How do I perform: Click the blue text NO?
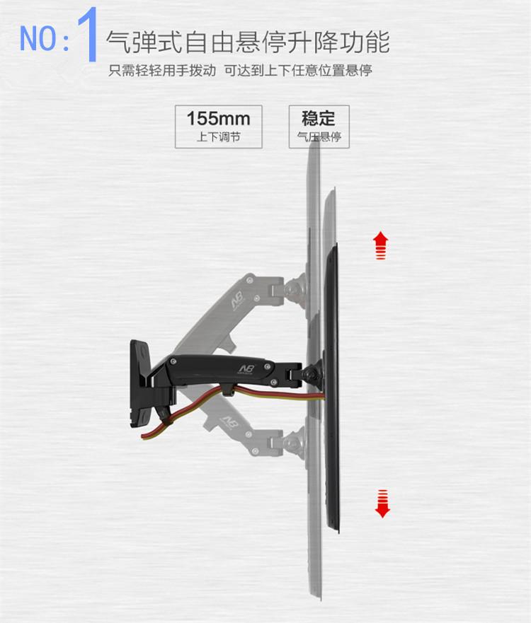click(x=45, y=38)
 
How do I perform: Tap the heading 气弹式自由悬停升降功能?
click(x=248, y=41)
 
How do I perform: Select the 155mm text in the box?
click(x=218, y=118)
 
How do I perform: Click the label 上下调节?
click(x=218, y=136)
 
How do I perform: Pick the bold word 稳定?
click(x=319, y=117)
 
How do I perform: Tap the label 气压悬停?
click(x=319, y=136)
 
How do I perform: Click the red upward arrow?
click(x=381, y=245)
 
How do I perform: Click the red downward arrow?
click(x=382, y=503)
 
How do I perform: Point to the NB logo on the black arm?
click(x=247, y=368)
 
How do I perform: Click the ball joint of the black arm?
click(x=309, y=373)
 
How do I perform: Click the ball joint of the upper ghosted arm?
click(x=293, y=289)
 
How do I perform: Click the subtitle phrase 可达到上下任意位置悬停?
click(x=298, y=71)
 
